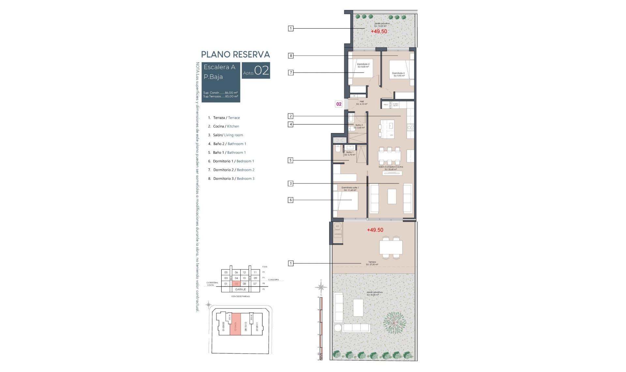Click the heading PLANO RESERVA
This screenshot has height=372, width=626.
coord(235,54)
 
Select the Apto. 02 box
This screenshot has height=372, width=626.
coord(256,70)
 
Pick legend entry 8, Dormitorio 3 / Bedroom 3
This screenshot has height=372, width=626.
coord(231,178)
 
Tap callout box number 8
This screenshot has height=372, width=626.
coord(291,56)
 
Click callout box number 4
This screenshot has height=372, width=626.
coord(291,124)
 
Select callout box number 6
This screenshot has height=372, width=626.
coord(291,200)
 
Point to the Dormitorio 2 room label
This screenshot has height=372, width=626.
coord(363,65)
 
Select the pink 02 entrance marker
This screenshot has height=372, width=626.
coord(339,104)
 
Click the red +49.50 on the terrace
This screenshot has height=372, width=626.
coord(375,230)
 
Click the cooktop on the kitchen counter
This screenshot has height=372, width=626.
coord(410,127)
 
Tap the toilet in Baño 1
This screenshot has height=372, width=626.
coord(338,149)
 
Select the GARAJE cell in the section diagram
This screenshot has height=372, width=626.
coord(240,289)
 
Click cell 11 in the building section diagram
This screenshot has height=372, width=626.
coord(255,272)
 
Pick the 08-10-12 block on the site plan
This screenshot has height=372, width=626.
coord(246,326)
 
